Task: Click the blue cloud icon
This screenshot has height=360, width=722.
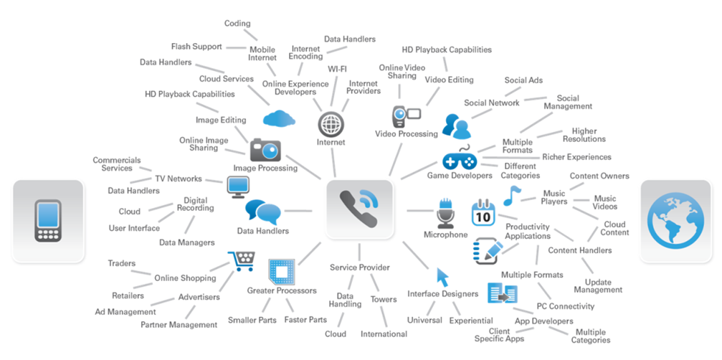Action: (x=279, y=118)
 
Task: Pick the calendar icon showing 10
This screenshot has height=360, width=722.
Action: (x=483, y=214)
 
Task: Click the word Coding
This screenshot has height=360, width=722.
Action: (x=237, y=24)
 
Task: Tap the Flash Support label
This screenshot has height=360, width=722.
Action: (x=196, y=47)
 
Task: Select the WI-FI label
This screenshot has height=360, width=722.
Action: (x=338, y=69)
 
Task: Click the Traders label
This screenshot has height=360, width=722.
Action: (x=121, y=264)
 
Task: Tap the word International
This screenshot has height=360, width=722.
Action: (x=384, y=334)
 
